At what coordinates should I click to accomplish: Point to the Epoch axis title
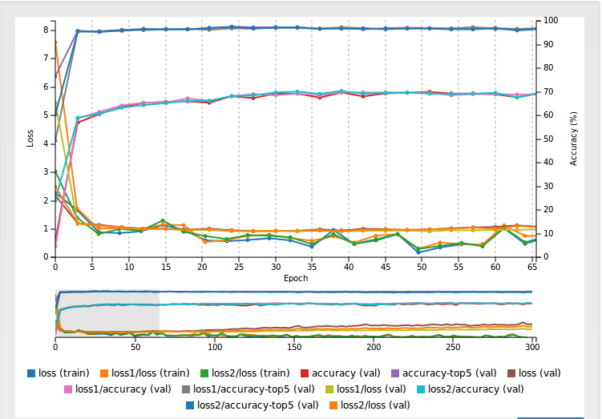(x=295, y=279)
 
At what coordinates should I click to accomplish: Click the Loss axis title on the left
(x=30, y=138)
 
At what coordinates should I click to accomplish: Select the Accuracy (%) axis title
(x=573, y=138)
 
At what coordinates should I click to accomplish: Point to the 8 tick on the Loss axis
(x=46, y=30)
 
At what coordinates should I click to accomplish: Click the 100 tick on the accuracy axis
(x=550, y=20)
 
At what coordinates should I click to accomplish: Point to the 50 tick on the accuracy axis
(x=548, y=139)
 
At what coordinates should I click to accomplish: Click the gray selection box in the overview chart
(x=107, y=311)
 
